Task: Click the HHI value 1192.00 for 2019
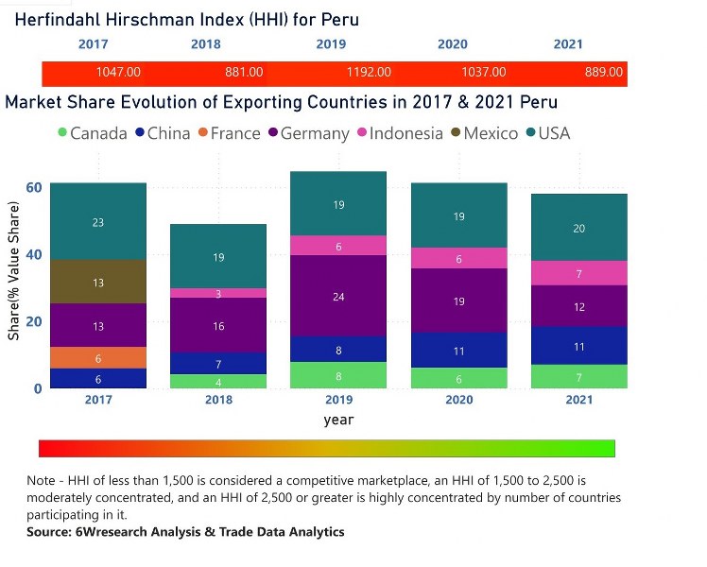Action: pos(368,73)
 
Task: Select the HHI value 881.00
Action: pos(243,73)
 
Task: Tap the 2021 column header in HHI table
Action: pos(568,44)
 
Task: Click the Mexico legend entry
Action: pos(490,133)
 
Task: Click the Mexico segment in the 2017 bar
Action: pos(98,282)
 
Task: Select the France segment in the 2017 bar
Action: pos(98,358)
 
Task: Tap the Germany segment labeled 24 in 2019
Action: pos(338,296)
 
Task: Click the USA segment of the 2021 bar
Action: pos(579,228)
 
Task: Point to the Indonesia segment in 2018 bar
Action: pos(218,294)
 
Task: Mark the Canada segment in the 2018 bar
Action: pos(218,382)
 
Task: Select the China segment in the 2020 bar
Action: pos(459,351)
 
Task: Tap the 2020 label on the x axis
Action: pos(459,401)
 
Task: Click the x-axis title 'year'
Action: pos(338,420)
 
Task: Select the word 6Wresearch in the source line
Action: pos(115,532)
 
